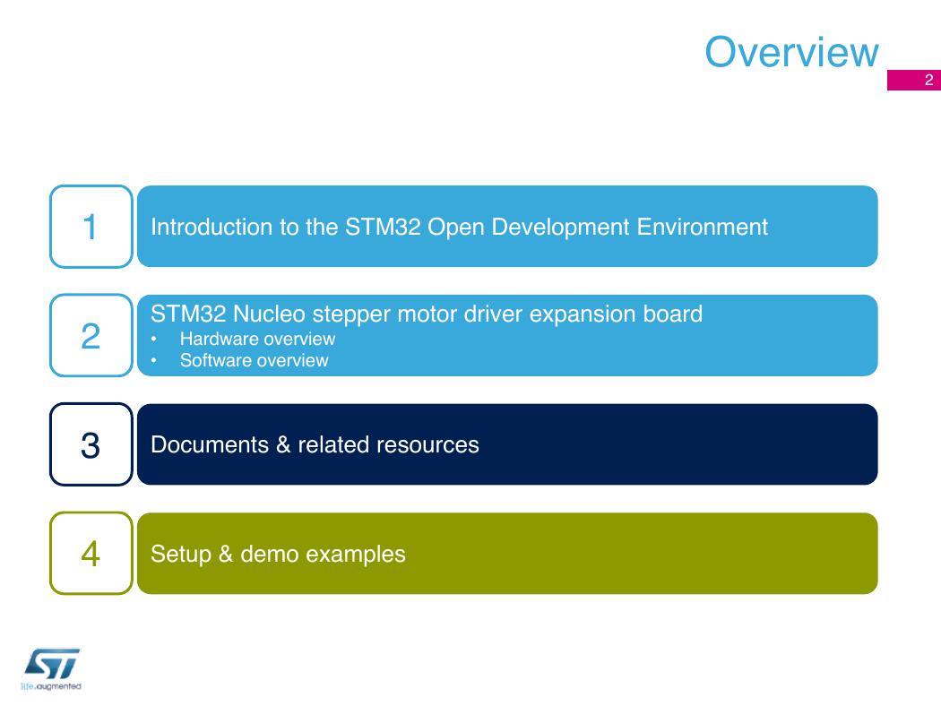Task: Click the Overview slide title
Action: [x=791, y=52]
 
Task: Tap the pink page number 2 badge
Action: [x=914, y=80]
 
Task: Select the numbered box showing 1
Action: [x=91, y=227]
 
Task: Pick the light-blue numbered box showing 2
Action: [x=91, y=335]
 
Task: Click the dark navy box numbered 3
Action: [x=91, y=444]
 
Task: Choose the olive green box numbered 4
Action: [x=91, y=553]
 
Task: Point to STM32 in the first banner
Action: [x=383, y=227]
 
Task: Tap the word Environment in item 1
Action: [x=702, y=227]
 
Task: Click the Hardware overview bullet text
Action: [x=257, y=339]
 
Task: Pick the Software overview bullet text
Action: [x=254, y=360]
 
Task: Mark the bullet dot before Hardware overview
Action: [x=153, y=340]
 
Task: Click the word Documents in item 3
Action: [x=210, y=444]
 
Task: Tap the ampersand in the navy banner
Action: [x=283, y=444]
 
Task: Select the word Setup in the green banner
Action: [x=181, y=555]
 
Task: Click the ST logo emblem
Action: [x=52, y=664]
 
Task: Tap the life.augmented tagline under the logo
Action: [x=51, y=686]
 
